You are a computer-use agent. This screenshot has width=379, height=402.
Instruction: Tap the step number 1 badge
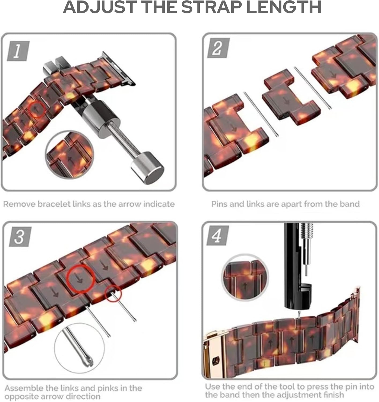pyautogui.click(x=17, y=51)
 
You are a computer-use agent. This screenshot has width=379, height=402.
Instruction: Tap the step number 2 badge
pyautogui.click(x=218, y=48)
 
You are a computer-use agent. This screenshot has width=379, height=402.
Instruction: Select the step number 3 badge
pyautogui.click(x=20, y=237)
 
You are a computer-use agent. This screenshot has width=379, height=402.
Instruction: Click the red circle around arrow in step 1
pyautogui.click(x=37, y=109)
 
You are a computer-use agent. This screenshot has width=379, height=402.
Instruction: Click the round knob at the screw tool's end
pyautogui.click(x=147, y=167)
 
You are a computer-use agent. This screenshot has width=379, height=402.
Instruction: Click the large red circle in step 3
pyautogui.click(x=80, y=278)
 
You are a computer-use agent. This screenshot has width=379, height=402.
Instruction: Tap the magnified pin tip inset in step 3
pyautogui.click(x=79, y=347)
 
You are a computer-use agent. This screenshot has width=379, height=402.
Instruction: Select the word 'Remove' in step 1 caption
pyautogui.click(x=19, y=204)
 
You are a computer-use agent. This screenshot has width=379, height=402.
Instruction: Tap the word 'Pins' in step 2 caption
pyautogui.click(x=219, y=204)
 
